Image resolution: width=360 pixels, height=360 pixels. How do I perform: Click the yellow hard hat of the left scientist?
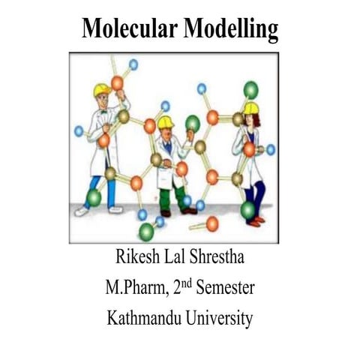point(102,90)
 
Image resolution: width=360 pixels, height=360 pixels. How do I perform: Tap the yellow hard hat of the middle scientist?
point(165,122)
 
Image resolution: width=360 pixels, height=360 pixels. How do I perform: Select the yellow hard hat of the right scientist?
point(250,109)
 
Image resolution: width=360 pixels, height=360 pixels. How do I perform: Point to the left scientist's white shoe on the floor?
point(82,211)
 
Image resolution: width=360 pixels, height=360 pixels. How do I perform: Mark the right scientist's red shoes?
point(256,221)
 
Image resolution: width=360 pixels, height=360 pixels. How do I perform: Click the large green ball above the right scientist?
point(250,89)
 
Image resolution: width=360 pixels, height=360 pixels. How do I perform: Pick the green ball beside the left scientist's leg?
point(94,198)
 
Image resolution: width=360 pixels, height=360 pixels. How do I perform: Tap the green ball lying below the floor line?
point(146,232)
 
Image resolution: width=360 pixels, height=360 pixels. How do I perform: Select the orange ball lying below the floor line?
point(212,223)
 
